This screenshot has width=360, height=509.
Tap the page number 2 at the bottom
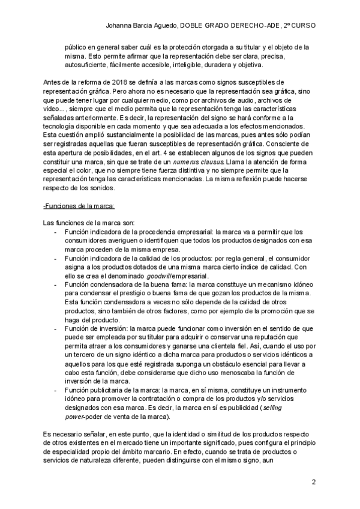[x=314, y=483]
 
